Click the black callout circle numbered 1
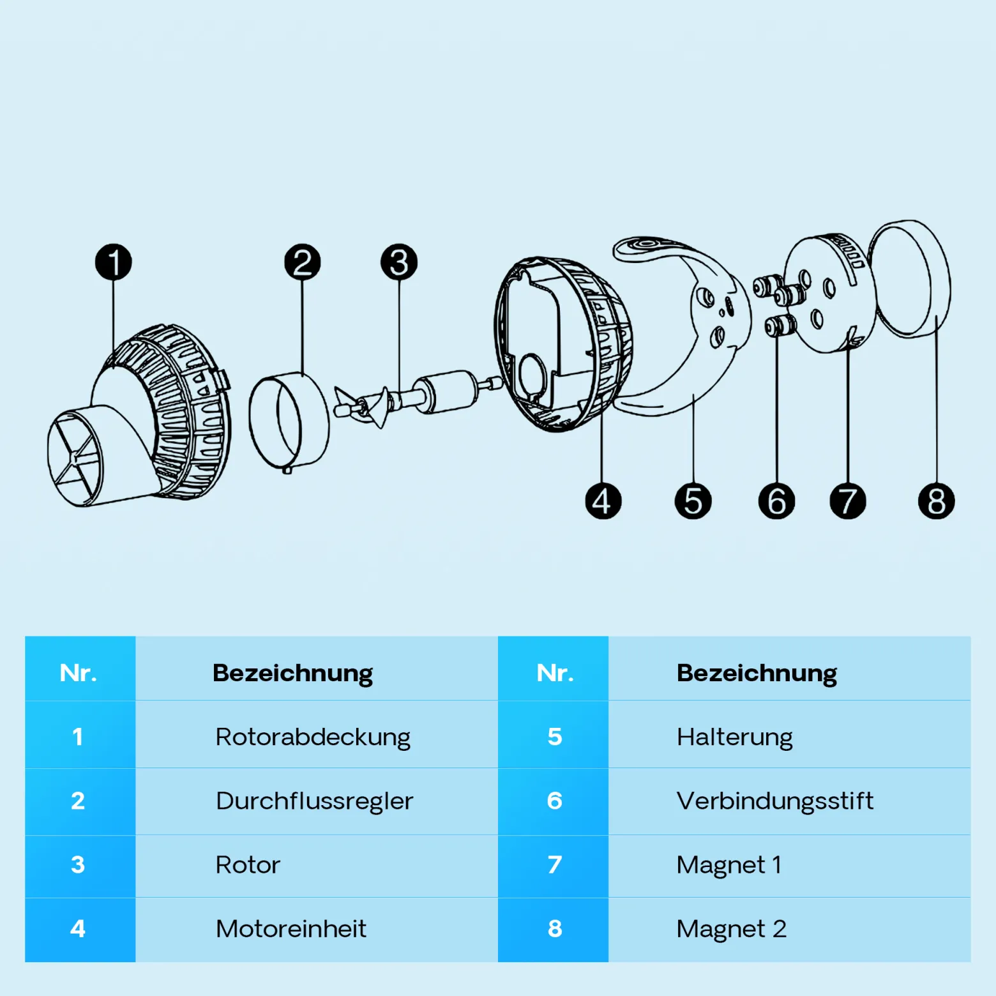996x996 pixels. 114,262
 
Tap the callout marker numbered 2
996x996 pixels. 303,262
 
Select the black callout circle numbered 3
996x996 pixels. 399,262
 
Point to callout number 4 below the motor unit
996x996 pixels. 603,501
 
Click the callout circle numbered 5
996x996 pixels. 693,501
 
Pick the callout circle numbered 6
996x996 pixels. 776,501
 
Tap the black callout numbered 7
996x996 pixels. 848,501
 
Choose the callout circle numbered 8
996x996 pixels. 937,501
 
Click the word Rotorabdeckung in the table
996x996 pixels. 313,737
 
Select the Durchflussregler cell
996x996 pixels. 315,801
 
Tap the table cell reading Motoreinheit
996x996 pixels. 291,928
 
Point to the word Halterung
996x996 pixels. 735,737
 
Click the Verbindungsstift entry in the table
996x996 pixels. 775,801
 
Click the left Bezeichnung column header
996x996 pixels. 292,674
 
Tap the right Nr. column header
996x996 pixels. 555,673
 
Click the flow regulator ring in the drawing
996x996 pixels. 289,421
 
